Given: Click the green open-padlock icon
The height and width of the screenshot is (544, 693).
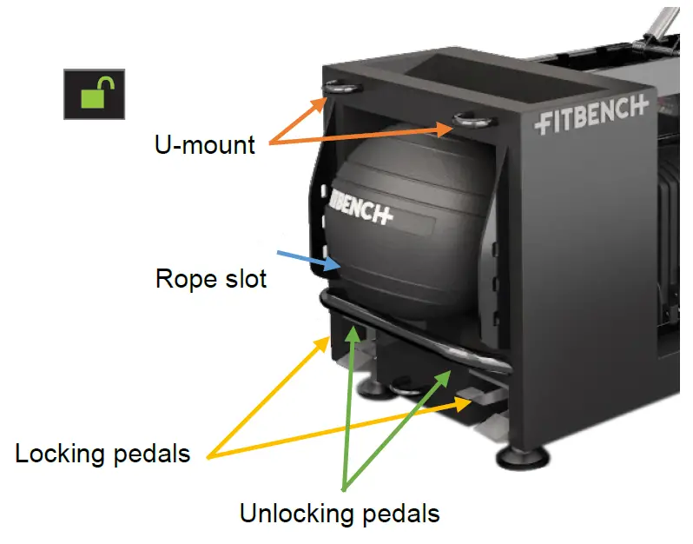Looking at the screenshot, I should coord(94,94).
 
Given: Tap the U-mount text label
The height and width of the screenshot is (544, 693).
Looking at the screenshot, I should coord(206,143).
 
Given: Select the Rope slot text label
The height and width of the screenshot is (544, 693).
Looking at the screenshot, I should coord(211,278).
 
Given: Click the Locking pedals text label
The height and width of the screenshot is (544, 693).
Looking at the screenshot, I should coord(102,453).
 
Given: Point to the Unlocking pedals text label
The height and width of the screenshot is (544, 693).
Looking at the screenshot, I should coord(340,513).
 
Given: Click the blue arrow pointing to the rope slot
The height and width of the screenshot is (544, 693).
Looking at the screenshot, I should coord(303,258).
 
